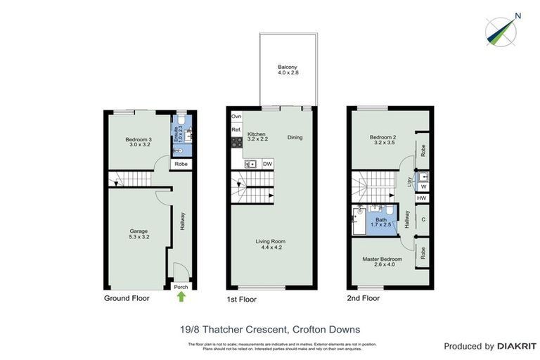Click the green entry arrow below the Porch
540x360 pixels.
[181, 297]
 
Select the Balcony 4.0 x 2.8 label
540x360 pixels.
[288, 70]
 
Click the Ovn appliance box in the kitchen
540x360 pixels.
[237, 116]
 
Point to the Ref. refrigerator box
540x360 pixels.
[237, 130]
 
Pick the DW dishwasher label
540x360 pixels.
[267, 165]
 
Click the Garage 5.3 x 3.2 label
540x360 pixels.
[139, 233]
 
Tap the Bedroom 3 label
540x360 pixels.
[139, 143]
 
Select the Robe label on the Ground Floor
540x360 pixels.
[181, 164]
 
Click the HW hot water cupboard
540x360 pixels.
[421, 199]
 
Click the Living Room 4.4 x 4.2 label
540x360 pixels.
[271, 244]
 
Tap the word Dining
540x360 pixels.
[295, 137]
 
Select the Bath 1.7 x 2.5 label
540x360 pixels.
[380, 223]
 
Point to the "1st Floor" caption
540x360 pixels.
[241, 300]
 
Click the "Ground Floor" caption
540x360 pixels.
[127, 298]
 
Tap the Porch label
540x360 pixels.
[181, 286]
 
